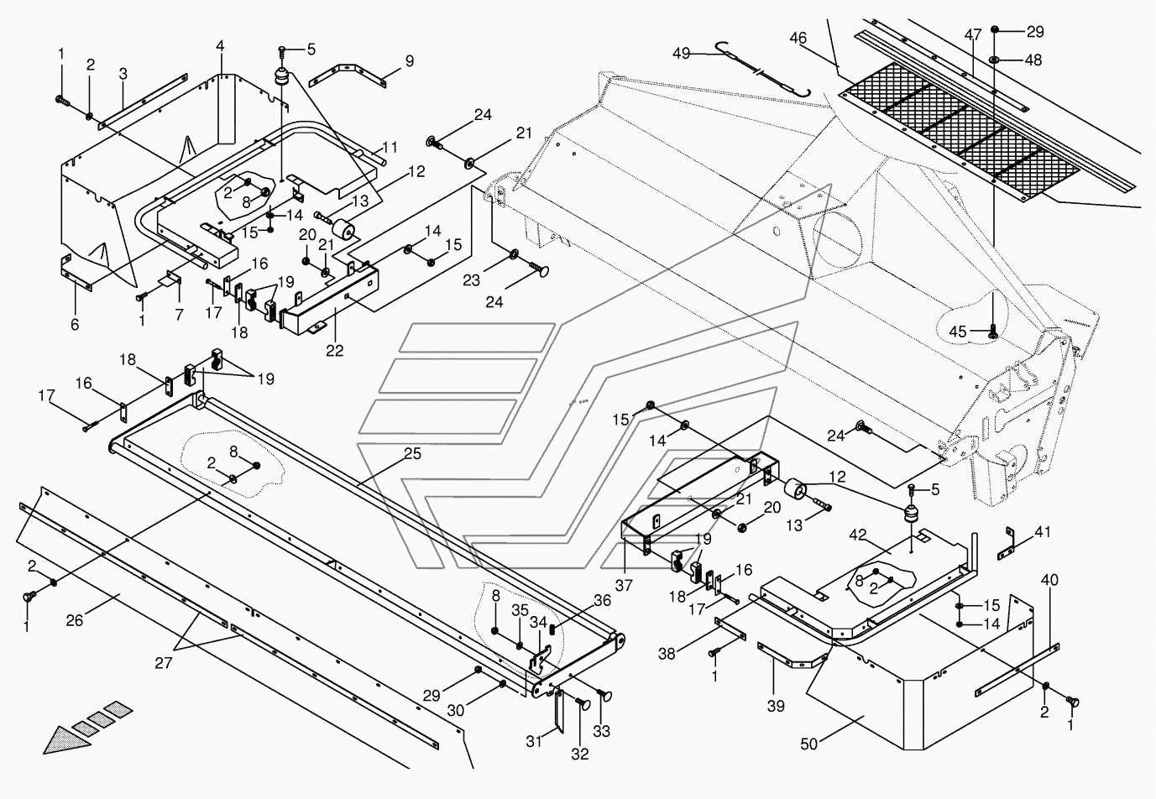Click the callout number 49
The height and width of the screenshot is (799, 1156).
pyautogui.click(x=681, y=54)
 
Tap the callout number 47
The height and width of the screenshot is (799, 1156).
pyautogui.click(x=972, y=35)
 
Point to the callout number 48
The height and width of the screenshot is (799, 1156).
pyautogui.click(x=1033, y=60)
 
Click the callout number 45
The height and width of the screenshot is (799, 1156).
pyautogui.click(x=957, y=331)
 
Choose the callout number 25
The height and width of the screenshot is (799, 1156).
pyautogui.click(x=412, y=454)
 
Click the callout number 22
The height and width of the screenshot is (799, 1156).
pyautogui.click(x=334, y=351)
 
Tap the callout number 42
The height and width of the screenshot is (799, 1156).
pyautogui.click(x=857, y=535)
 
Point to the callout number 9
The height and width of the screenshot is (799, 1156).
pyautogui.click(x=409, y=60)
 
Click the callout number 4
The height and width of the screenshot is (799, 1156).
pyautogui.click(x=220, y=44)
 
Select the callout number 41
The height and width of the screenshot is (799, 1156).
pyautogui.click(x=1042, y=531)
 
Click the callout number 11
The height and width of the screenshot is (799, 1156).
pyautogui.click(x=390, y=146)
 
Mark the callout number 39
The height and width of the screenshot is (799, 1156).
pyautogui.click(x=776, y=706)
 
